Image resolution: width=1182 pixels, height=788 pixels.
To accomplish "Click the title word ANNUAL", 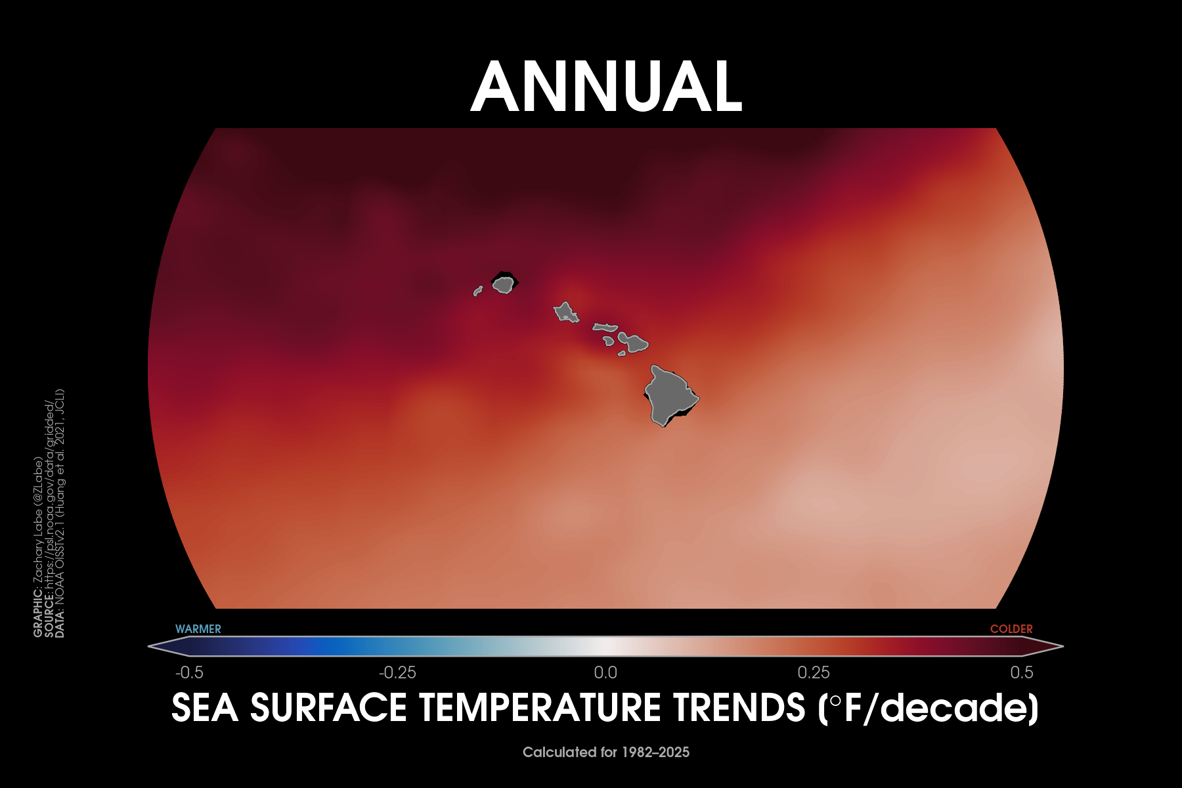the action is tap(607, 87).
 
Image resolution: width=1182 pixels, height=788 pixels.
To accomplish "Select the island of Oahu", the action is tap(565, 312).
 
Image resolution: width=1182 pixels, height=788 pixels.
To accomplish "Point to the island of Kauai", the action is tap(503, 284).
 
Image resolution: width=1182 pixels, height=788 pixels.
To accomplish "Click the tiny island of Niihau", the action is tap(477, 291).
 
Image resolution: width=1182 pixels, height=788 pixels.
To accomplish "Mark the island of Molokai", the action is tap(605, 326).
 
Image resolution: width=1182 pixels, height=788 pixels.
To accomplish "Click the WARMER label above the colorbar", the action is tap(198, 629).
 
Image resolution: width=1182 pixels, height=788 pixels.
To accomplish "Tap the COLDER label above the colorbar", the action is tap(1011, 629).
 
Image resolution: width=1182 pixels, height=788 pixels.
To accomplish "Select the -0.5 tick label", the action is tap(189, 672).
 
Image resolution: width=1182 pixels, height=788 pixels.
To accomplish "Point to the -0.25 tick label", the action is tap(397, 672).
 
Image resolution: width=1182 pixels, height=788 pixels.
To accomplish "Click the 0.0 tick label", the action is tap(605, 672).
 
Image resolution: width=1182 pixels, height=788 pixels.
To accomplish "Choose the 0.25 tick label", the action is tap(814, 672).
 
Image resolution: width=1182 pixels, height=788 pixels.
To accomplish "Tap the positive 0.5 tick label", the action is tap(1022, 672).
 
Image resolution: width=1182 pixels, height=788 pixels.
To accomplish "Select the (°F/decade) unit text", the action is tap(929, 709).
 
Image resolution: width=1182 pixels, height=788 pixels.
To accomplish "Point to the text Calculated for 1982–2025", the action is tap(606, 753).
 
